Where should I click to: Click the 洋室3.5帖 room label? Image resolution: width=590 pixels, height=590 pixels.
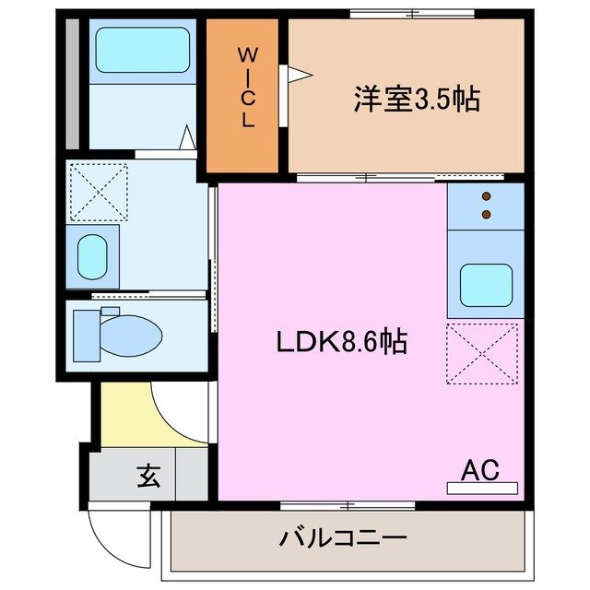pyautogui.click(x=416, y=100)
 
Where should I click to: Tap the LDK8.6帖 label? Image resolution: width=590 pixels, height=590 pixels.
pyautogui.click(x=342, y=342)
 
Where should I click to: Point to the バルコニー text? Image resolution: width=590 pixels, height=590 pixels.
pyautogui.click(x=342, y=537)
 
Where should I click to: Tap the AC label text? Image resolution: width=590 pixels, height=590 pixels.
pyautogui.click(x=479, y=469)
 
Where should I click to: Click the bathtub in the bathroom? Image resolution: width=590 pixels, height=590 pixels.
pyautogui.click(x=142, y=51)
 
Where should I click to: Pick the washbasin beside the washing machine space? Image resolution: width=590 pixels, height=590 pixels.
pyautogui.click(x=92, y=256)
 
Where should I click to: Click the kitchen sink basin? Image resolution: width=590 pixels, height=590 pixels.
pyautogui.click(x=486, y=284)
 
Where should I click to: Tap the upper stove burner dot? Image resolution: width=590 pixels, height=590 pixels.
pyautogui.click(x=486, y=196)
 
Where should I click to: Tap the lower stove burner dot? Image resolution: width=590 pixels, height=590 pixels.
pyautogui.click(x=486, y=215)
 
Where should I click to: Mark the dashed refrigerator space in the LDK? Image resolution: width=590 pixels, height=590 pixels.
pyautogui.click(x=482, y=352)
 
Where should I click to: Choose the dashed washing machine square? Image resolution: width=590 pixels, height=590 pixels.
pyautogui.click(x=99, y=192)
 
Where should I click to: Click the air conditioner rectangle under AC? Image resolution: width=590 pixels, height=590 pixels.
pyautogui.click(x=482, y=488)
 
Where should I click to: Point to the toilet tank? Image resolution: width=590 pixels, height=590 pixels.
pyautogui.click(x=85, y=335)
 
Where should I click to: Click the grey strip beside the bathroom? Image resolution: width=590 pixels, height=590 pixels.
pyautogui.click(x=71, y=81)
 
